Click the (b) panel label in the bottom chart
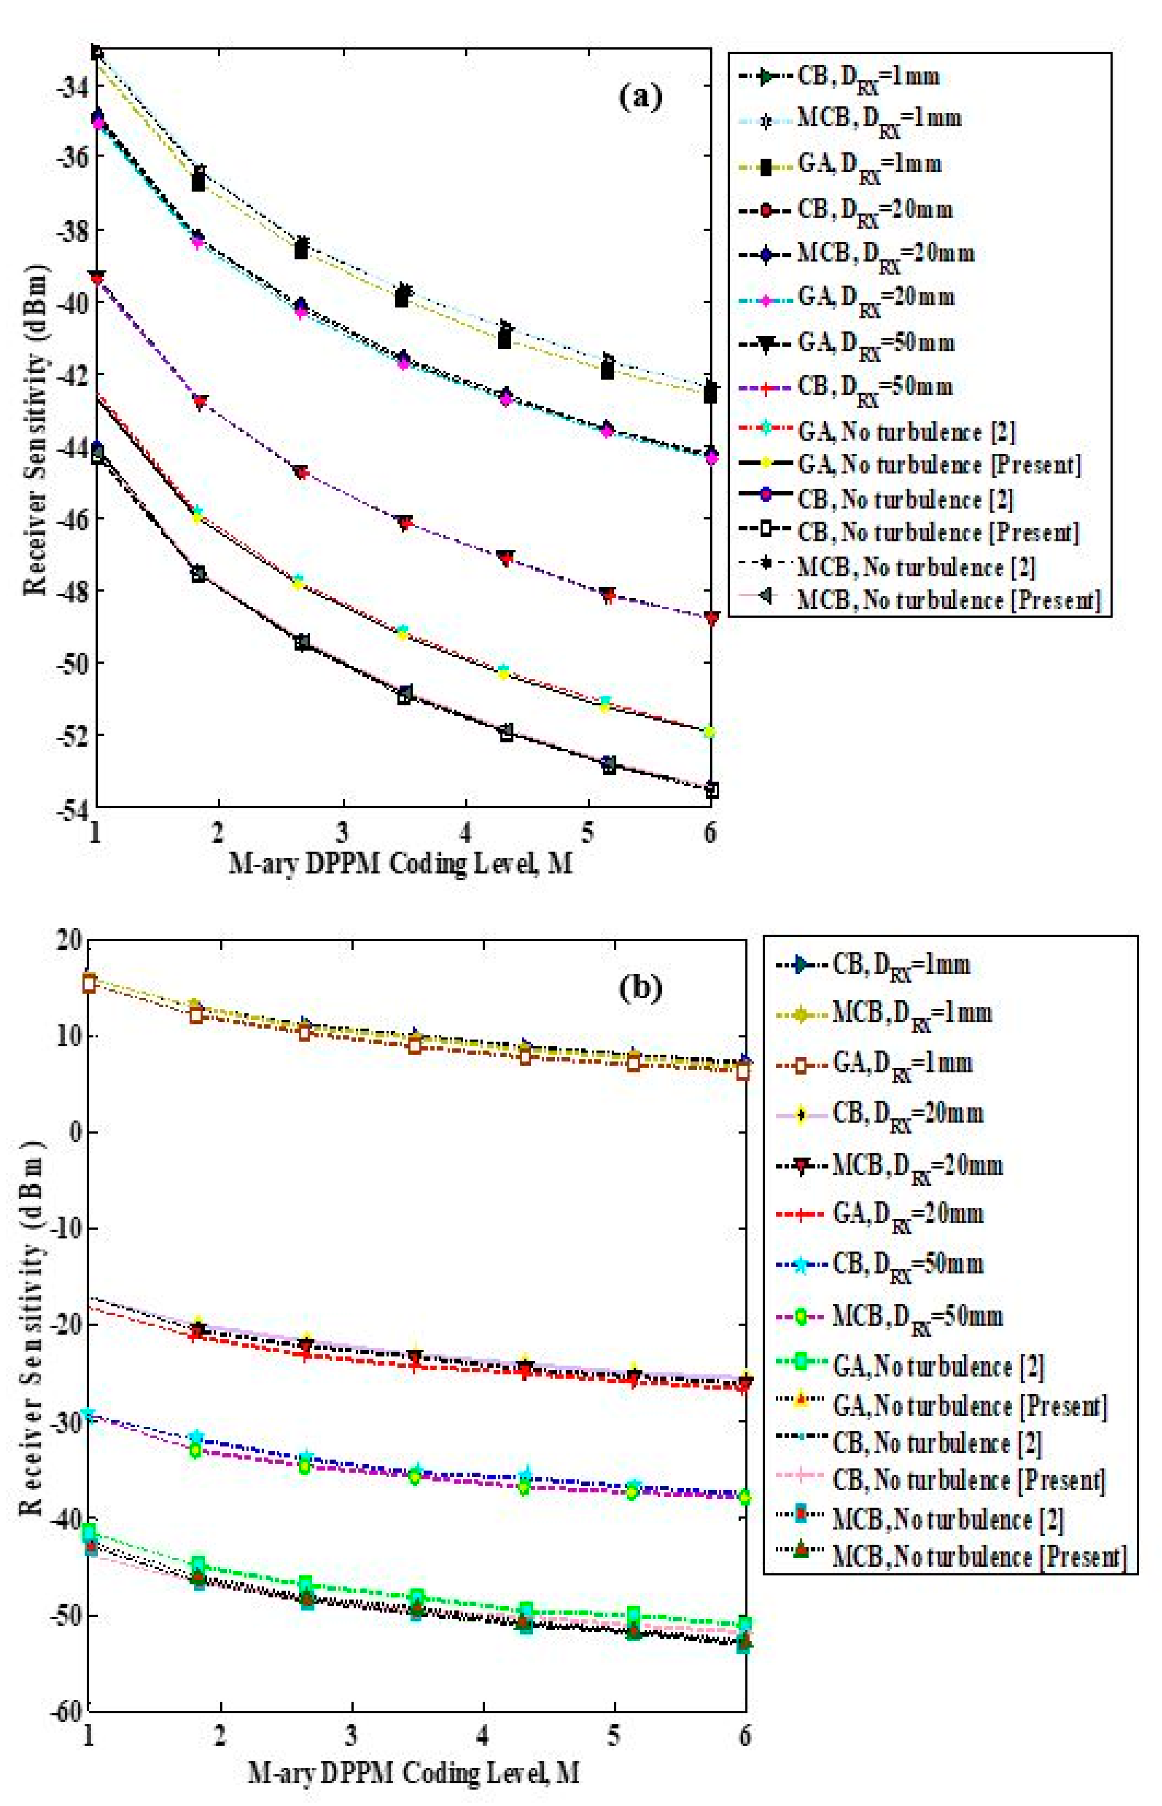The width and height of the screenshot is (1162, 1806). (640, 988)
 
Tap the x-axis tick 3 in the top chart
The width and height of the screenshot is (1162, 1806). (343, 832)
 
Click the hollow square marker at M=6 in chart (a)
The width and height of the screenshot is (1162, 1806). (711, 791)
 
